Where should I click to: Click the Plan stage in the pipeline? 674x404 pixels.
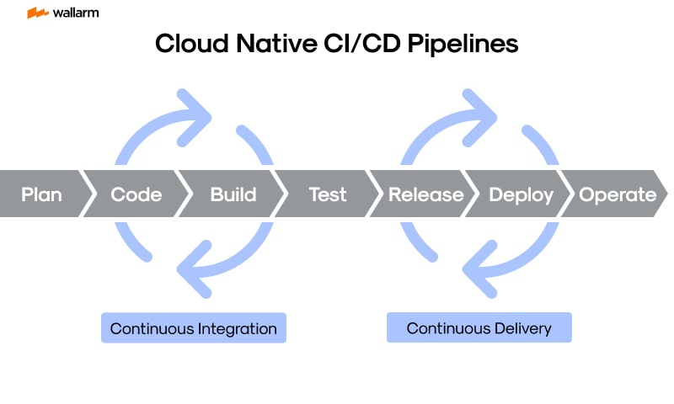coord(41,194)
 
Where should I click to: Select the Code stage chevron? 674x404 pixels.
coord(136,194)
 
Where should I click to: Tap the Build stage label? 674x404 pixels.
coord(233,194)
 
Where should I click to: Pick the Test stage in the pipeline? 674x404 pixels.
coord(327,194)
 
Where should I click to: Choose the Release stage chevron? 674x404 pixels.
coord(425,194)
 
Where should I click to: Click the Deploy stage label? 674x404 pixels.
coord(521,194)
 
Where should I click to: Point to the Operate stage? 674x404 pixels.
coord(617,194)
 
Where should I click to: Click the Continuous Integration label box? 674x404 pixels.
coord(193,328)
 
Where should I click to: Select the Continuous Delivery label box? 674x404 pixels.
coord(479,328)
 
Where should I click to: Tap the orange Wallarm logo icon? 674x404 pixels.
coord(37,13)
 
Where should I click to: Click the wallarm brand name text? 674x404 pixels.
coord(75,13)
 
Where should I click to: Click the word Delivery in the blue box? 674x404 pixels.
coord(521,328)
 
